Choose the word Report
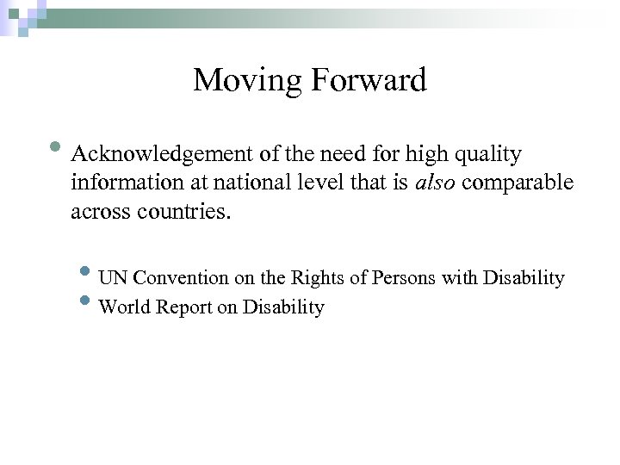(x=181, y=307)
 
